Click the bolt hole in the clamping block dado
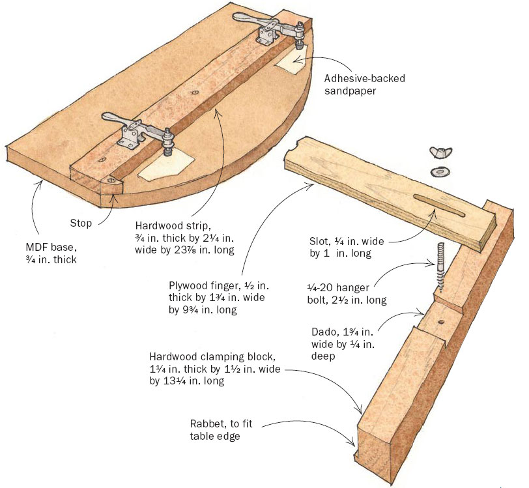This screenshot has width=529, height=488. coord(441,322)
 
